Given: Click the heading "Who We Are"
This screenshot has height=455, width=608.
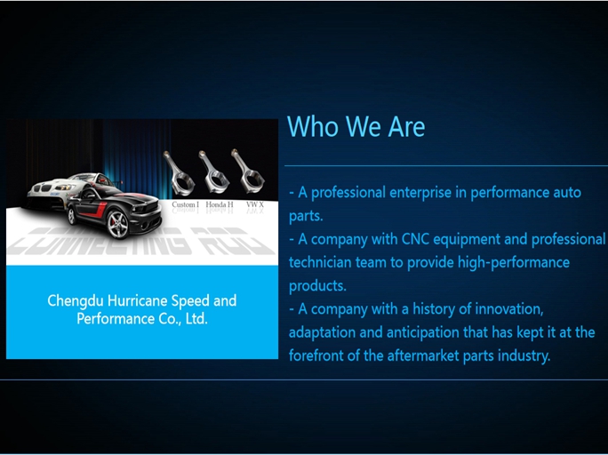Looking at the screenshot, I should [356, 126].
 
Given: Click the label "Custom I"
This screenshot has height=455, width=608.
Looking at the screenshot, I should [185, 204].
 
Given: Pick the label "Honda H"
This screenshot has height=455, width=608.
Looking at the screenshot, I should [220, 204].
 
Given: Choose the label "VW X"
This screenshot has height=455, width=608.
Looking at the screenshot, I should [255, 204].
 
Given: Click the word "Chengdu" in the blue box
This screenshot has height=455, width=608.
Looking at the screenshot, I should [75, 300].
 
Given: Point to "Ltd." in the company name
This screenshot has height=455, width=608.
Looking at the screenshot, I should [194, 318].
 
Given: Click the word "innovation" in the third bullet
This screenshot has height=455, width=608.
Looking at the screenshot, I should [503, 308].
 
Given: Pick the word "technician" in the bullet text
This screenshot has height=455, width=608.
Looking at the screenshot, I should [324, 263].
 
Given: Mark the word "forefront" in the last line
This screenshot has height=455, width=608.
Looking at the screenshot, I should [321, 355].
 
